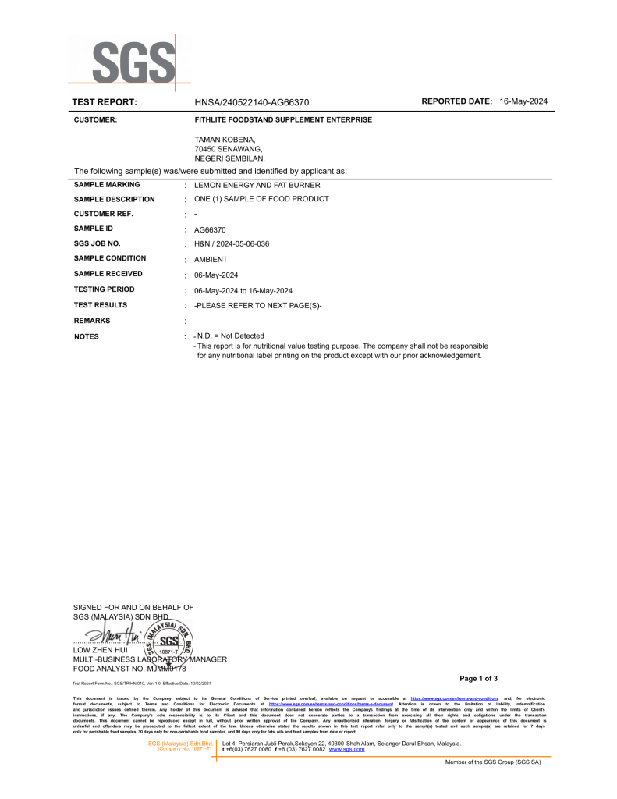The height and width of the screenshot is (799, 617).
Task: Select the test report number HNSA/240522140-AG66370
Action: (x=251, y=102)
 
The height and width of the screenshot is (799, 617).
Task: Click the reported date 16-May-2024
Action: (x=523, y=101)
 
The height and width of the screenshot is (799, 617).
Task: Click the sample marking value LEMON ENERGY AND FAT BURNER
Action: (x=257, y=186)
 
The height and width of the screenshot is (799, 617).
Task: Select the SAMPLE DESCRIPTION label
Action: (x=114, y=199)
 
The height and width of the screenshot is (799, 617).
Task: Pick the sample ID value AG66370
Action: (x=210, y=230)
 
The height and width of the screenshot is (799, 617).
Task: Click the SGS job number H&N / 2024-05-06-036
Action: (x=232, y=244)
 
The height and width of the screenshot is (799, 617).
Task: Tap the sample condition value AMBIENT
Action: (x=211, y=259)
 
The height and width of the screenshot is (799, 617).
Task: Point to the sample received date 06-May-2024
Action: (x=216, y=275)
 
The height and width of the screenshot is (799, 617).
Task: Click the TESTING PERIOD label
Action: (x=104, y=289)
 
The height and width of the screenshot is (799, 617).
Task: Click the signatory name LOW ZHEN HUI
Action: (x=100, y=649)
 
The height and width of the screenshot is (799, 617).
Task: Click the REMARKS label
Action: (x=92, y=321)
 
